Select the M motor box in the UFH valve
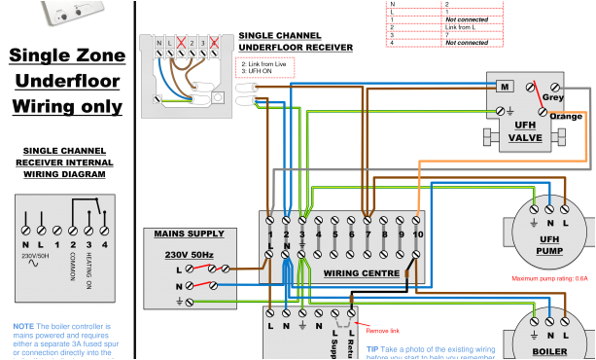pos(506,87)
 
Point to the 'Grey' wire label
pos(554,97)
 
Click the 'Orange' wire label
pos(565,117)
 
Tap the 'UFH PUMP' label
pos(549,246)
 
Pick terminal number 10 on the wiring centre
pos(417,234)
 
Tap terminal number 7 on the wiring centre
pos(368,234)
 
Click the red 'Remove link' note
pos(382,331)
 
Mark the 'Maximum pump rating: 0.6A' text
pos(550,278)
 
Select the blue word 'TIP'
pos(372,347)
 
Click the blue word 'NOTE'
pos(24,326)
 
